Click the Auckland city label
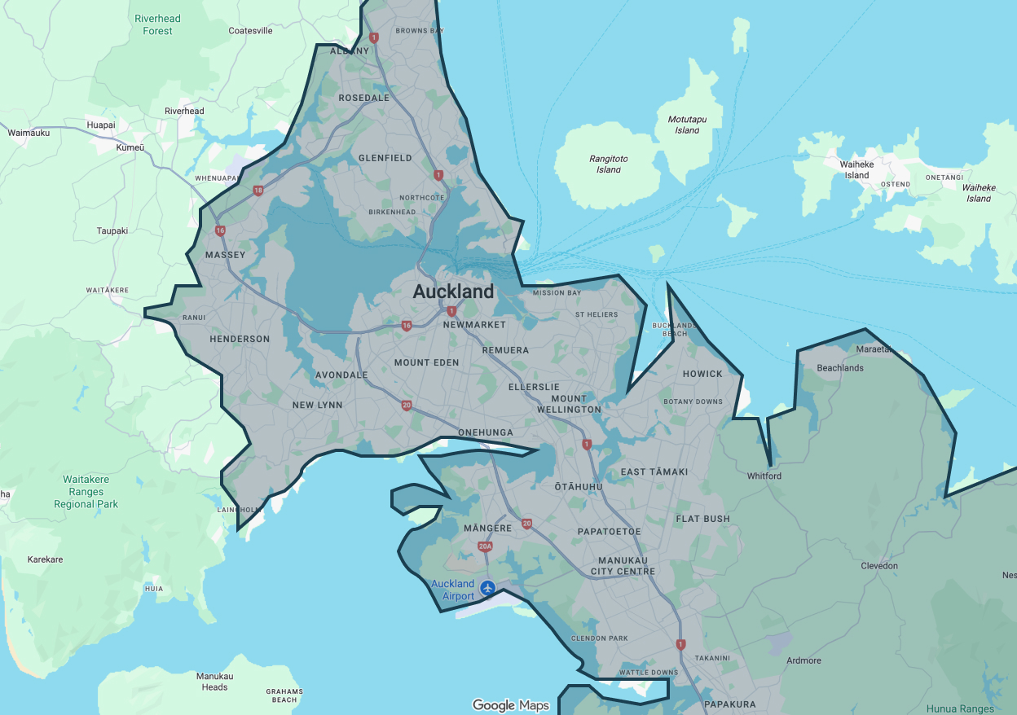point(453,292)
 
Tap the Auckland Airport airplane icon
point(487,587)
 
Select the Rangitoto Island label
point(609,164)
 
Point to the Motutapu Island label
point(686,125)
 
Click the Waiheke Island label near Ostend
point(856,169)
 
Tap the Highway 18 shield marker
point(258,191)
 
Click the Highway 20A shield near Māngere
point(486,546)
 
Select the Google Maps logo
point(511,705)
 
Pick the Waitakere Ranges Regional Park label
point(86,492)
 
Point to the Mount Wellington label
point(569,404)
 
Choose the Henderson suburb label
point(240,339)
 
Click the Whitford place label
point(764,476)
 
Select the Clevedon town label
point(879,566)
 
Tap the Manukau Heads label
point(215,682)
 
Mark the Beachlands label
point(839,368)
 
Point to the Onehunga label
point(486,432)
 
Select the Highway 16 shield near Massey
point(220,231)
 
